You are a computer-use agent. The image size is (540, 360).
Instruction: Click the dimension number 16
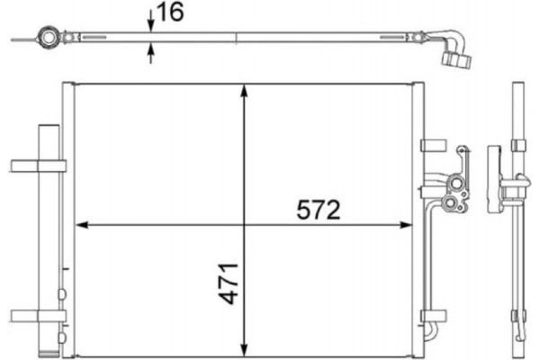[x=171, y=13]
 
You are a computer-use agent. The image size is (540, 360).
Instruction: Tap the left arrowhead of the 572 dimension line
[x=79, y=223]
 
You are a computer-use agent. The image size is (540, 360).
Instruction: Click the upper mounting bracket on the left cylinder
[x=39, y=165]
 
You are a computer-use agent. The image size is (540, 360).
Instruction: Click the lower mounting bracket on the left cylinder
[x=39, y=315]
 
